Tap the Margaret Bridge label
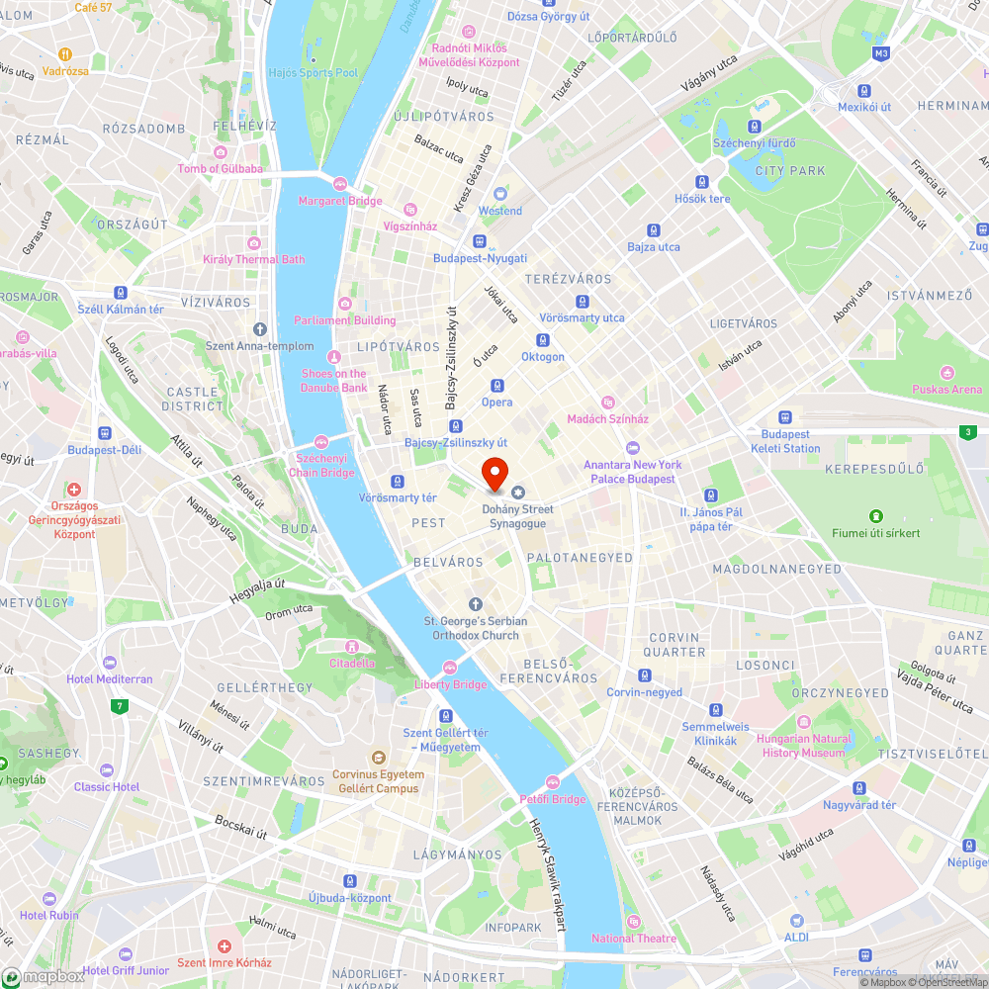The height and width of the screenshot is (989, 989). (x=340, y=201)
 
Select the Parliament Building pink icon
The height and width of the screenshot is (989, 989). (x=345, y=304)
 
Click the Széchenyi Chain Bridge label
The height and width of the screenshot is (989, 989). (x=320, y=465)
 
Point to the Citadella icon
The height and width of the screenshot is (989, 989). (x=352, y=645)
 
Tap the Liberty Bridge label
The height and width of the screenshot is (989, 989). (x=450, y=684)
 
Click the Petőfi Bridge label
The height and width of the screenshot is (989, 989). (x=553, y=799)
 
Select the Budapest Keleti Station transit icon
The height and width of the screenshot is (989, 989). (x=785, y=417)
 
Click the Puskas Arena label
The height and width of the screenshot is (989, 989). (x=946, y=389)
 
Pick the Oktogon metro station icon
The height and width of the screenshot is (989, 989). (x=543, y=340)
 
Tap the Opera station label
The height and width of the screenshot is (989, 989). (x=496, y=403)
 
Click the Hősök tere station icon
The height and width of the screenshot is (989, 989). (x=702, y=182)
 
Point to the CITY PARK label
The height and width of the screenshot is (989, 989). (x=789, y=171)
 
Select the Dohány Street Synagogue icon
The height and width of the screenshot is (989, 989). (x=517, y=493)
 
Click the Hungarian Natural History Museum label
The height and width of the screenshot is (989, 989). (x=805, y=746)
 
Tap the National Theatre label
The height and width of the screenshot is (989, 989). (x=634, y=939)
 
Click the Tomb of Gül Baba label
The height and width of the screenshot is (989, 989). (x=220, y=168)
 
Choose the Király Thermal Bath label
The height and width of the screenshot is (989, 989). (x=253, y=259)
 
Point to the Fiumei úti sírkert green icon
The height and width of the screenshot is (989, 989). (x=875, y=516)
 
